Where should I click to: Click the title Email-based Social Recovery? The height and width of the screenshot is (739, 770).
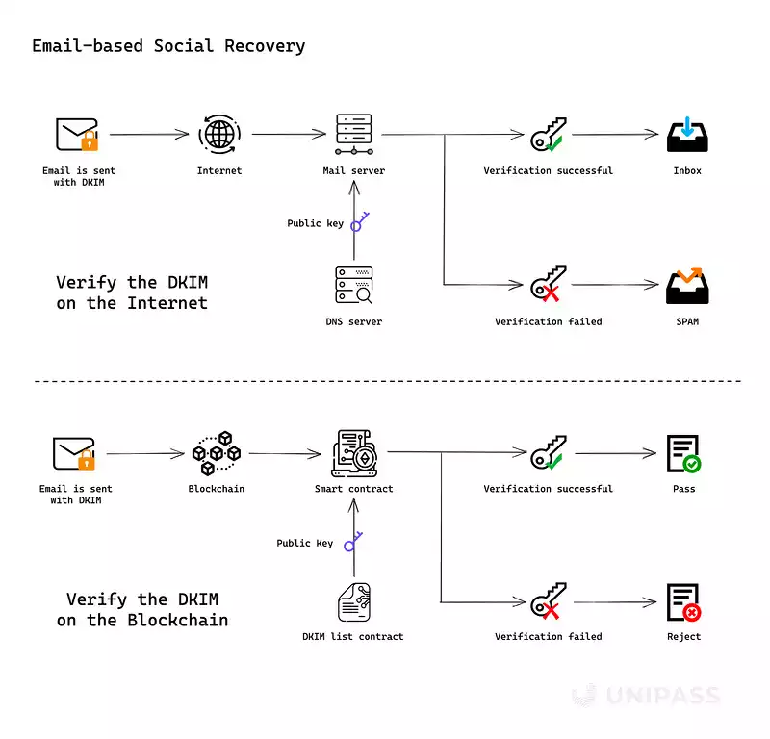[x=168, y=46]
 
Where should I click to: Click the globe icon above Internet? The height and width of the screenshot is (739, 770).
[x=218, y=135]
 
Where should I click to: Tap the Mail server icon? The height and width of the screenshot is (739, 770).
[x=353, y=135]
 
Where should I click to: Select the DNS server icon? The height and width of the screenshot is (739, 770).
[x=353, y=286]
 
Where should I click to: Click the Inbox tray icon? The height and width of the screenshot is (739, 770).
[x=687, y=135]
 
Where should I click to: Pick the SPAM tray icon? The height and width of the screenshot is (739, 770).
[x=687, y=285]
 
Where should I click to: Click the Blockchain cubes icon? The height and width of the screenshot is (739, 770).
[x=216, y=452]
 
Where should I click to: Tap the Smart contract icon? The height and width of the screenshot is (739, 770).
[x=353, y=452]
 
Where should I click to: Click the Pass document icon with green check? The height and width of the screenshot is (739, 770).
[x=683, y=452]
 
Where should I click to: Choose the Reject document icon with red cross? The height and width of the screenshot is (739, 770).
[x=683, y=601]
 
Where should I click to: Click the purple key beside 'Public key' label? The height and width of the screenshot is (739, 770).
[x=360, y=222]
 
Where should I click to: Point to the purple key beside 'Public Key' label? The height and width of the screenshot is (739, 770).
[x=351, y=542]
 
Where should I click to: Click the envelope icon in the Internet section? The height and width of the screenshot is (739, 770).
[x=77, y=135]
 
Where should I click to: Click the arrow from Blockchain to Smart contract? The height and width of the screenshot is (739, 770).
[x=284, y=452]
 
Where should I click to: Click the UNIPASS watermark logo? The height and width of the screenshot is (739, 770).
[x=645, y=695]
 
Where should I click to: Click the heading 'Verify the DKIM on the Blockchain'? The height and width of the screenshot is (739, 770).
[x=142, y=610]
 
